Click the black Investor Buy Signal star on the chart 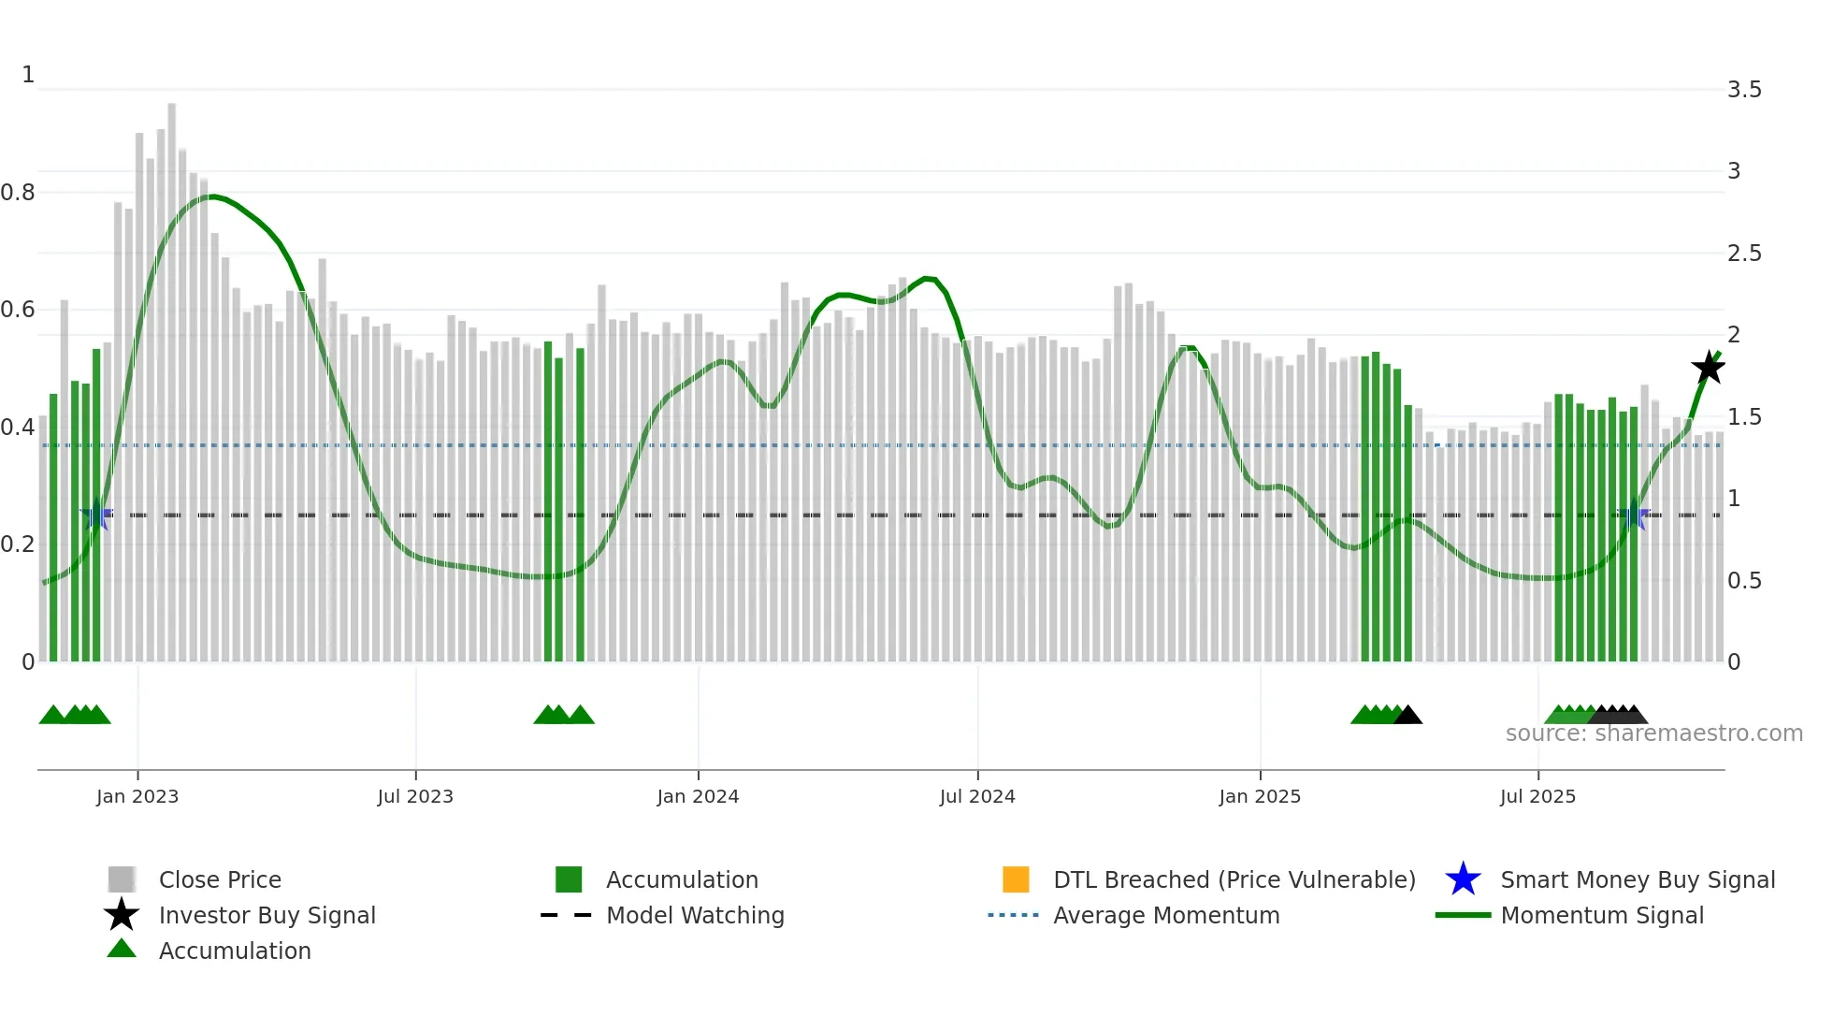pyautogui.click(x=1708, y=368)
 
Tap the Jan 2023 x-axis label pyautogui.click(x=137, y=797)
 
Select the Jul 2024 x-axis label pyautogui.click(x=977, y=797)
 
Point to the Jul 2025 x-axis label pyautogui.click(x=1537, y=797)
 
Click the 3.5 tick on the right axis pyautogui.click(x=1743, y=90)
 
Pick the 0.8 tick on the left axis pyautogui.click(x=18, y=193)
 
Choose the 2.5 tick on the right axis pyautogui.click(x=1743, y=254)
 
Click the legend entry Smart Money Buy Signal pyautogui.click(x=1637, y=880)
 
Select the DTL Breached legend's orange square pyautogui.click(x=1016, y=879)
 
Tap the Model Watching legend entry pyautogui.click(x=695, y=916)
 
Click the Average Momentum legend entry pyautogui.click(x=1165, y=916)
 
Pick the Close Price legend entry pyautogui.click(x=220, y=880)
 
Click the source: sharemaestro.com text pyautogui.click(x=1653, y=733)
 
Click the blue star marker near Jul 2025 pyautogui.click(x=1633, y=515)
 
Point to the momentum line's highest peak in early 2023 pyautogui.click(x=214, y=196)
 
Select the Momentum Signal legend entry pyautogui.click(x=1601, y=916)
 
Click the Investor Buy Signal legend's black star pyautogui.click(x=122, y=915)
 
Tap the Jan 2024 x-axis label pyautogui.click(x=698, y=797)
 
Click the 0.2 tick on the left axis pyautogui.click(x=18, y=545)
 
